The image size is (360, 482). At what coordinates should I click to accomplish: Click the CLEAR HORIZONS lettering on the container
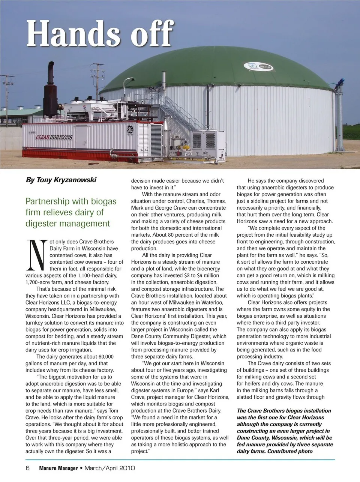pos(54,137)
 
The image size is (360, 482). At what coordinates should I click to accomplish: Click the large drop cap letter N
pos(36,255)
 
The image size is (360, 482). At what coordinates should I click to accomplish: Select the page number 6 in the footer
pos(28,468)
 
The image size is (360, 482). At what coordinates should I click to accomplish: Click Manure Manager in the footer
pos(58,468)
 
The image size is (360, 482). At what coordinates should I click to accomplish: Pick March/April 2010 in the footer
pos(109,468)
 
